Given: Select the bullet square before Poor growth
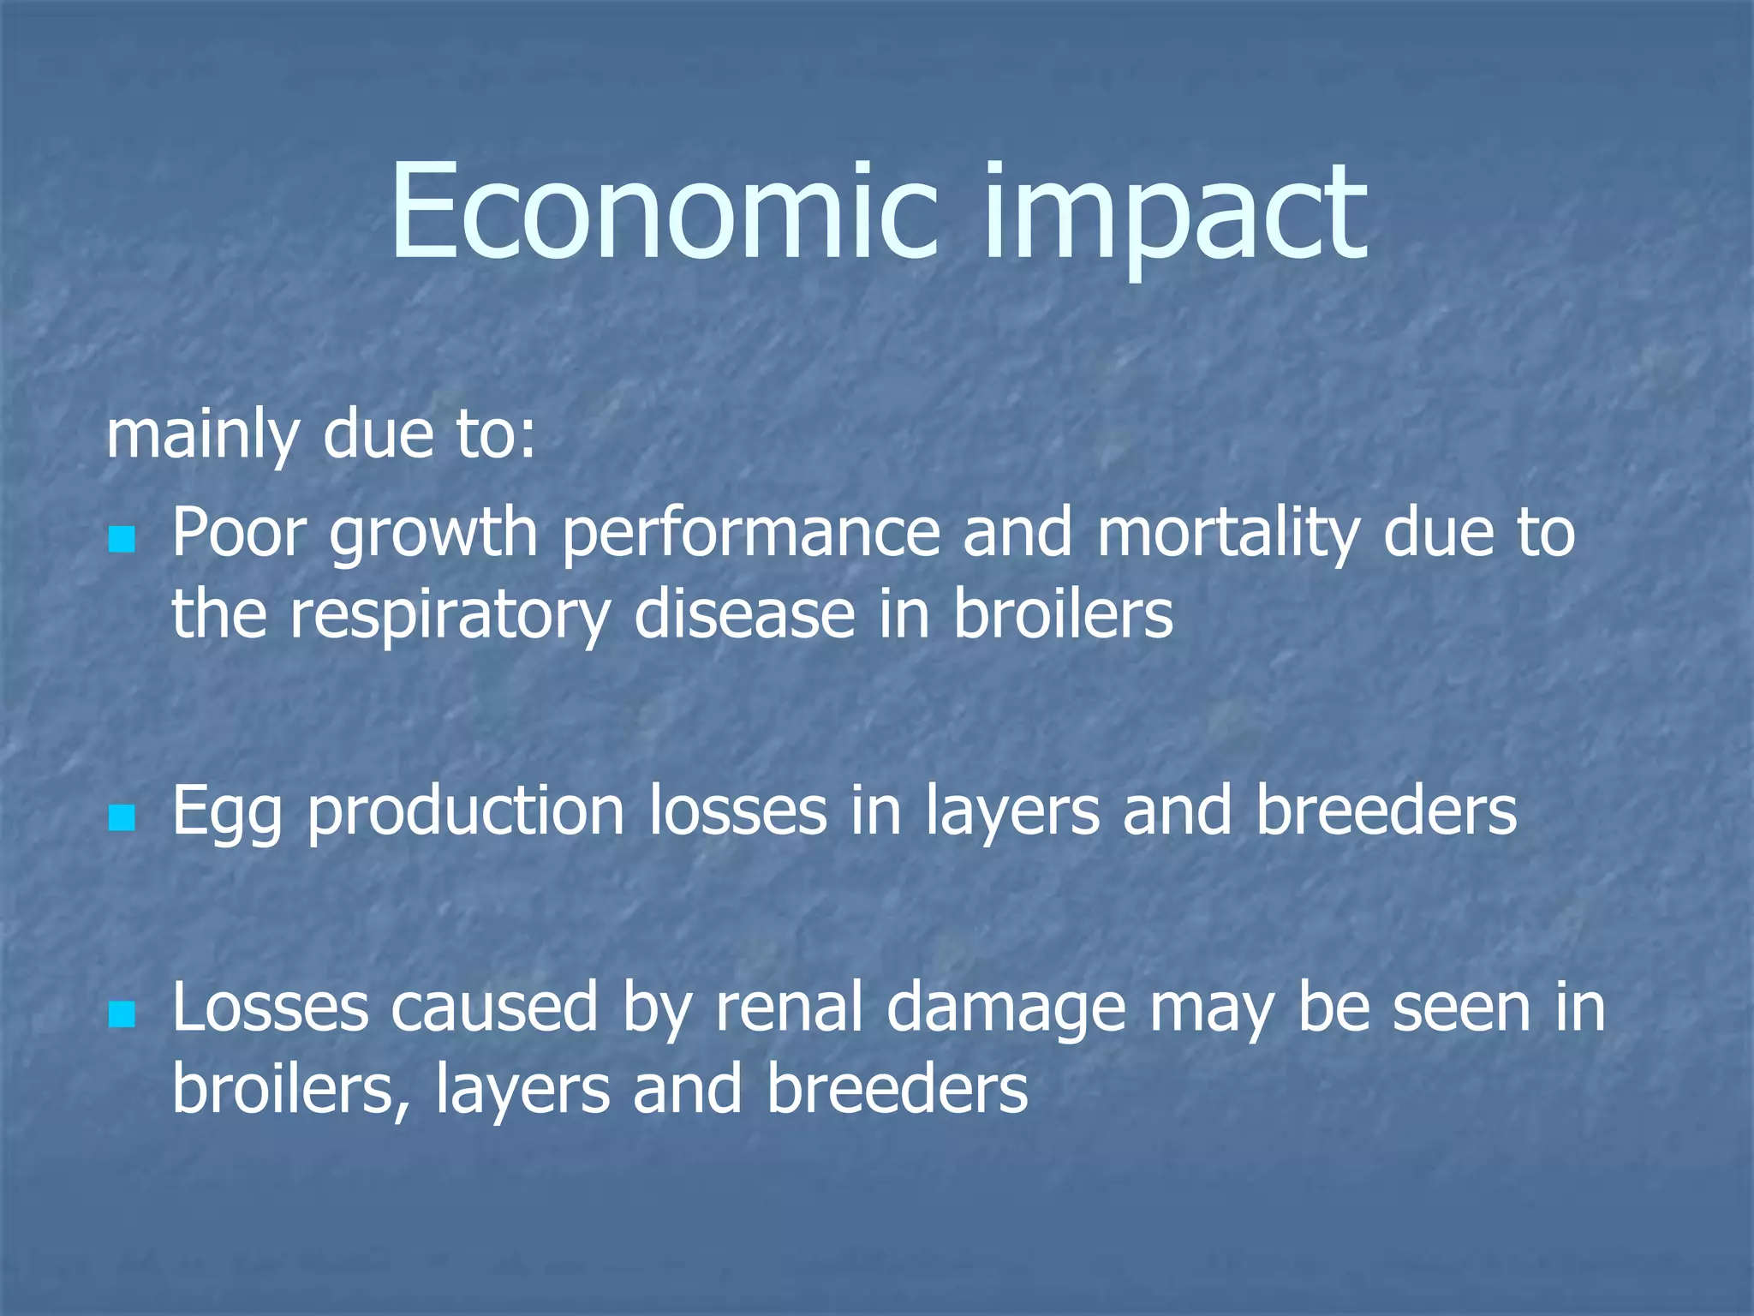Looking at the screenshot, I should (x=122, y=540).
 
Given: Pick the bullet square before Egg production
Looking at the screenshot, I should (x=122, y=817).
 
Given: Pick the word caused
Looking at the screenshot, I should (x=494, y=1009).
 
